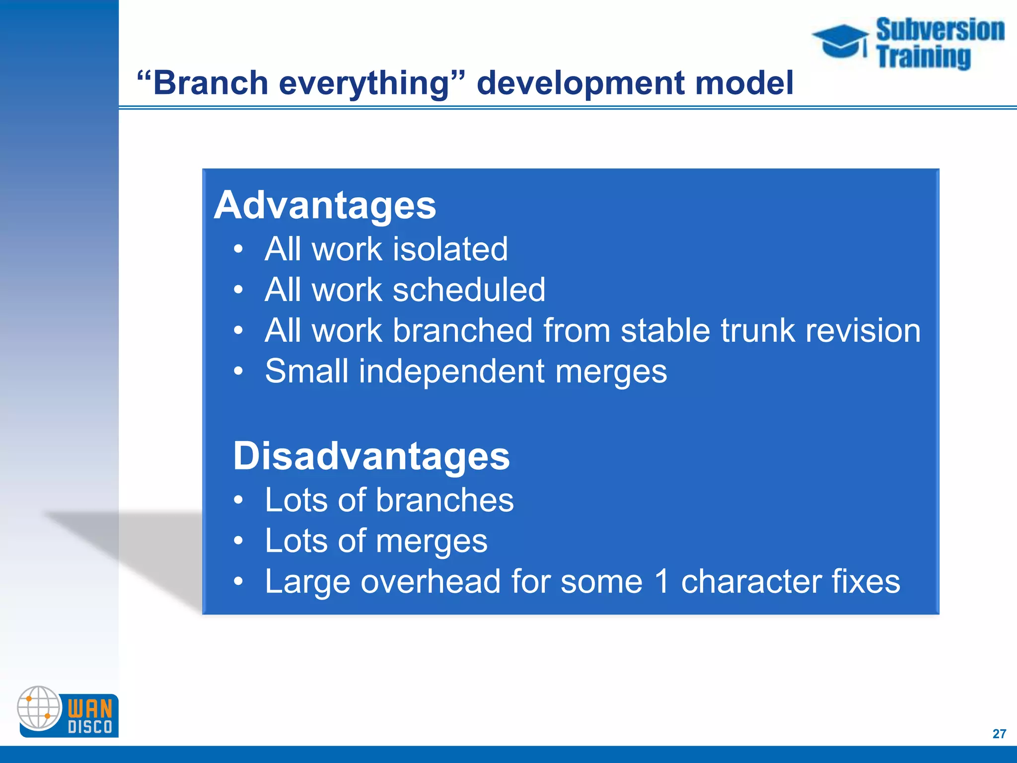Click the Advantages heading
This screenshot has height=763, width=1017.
coord(325,205)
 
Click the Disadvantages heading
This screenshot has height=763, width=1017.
coord(371,456)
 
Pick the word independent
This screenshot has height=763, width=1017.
coord(451,371)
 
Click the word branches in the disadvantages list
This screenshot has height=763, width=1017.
coord(444,500)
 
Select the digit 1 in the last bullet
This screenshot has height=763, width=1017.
coord(662,581)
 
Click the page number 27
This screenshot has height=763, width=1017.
coord(999,734)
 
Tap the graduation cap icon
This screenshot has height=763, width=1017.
coord(840,41)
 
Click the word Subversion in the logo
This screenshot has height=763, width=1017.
coord(940,30)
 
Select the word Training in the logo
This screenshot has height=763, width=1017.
coord(923,56)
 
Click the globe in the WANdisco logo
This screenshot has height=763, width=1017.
coord(39,707)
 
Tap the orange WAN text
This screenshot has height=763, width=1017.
coord(90,708)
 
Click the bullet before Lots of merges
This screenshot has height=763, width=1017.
coord(239,540)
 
